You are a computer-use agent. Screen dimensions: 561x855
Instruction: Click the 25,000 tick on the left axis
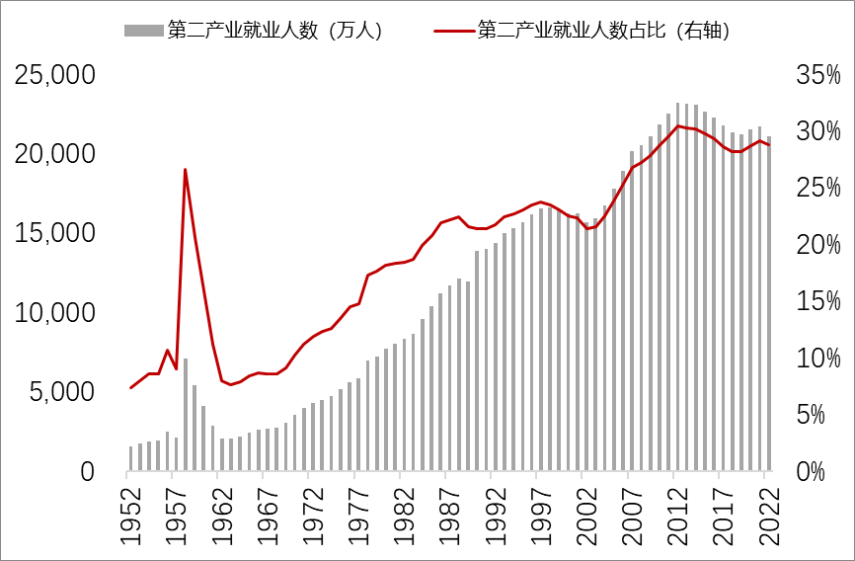(x=54, y=75)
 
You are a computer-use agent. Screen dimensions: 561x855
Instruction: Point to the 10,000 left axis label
(x=54, y=313)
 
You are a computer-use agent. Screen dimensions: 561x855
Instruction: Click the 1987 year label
(x=446, y=514)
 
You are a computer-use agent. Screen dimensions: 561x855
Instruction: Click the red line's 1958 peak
(x=185, y=170)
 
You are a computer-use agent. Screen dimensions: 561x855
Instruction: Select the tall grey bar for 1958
(x=185, y=415)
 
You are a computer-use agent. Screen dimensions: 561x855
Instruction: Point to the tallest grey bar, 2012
(x=678, y=286)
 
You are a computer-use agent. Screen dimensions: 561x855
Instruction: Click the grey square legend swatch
(x=143, y=31)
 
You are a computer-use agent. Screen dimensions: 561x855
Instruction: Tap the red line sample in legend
(x=452, y=31)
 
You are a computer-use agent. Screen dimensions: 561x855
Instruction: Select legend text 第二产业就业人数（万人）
(x=274, y=31)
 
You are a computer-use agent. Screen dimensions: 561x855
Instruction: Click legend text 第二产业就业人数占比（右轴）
(x=603, y=31)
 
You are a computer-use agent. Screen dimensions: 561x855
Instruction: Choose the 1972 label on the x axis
(x=310, y=514)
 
